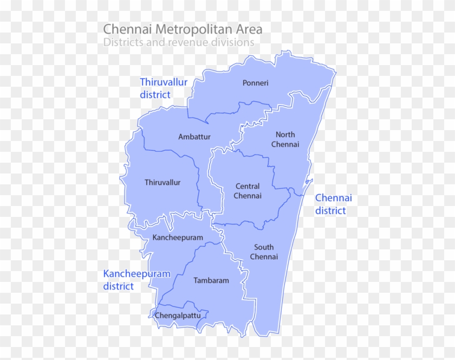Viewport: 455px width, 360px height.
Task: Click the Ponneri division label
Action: [x=255, y=83]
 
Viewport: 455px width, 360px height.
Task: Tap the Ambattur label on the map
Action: [x=194, y=137]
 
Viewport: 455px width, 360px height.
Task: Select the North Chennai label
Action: [x=285, y=139]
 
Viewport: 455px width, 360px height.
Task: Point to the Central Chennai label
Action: [x=247, y=191]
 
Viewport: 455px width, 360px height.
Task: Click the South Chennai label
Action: [x=264, y=252]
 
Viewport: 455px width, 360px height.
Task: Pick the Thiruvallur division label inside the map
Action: [x=162, y=182]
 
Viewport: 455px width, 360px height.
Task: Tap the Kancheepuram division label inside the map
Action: [x=178, y=237]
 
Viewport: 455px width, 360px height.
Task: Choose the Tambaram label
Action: [x=211, y=280]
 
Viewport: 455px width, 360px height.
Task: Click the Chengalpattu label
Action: [x=178, y=315]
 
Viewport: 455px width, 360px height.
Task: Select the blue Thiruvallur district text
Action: [x=164, y=88]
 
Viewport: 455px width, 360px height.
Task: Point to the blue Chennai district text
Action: [x=333, y=204]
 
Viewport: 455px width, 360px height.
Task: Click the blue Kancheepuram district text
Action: [x=136, y=280]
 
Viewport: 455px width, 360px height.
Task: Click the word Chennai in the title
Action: [x=123, y=28]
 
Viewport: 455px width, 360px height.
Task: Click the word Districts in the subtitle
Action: [x=122, y=42]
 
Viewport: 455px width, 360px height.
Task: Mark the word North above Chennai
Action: [x=285, y=134]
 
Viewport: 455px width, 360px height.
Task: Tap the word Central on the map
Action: [x=247, y=187]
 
